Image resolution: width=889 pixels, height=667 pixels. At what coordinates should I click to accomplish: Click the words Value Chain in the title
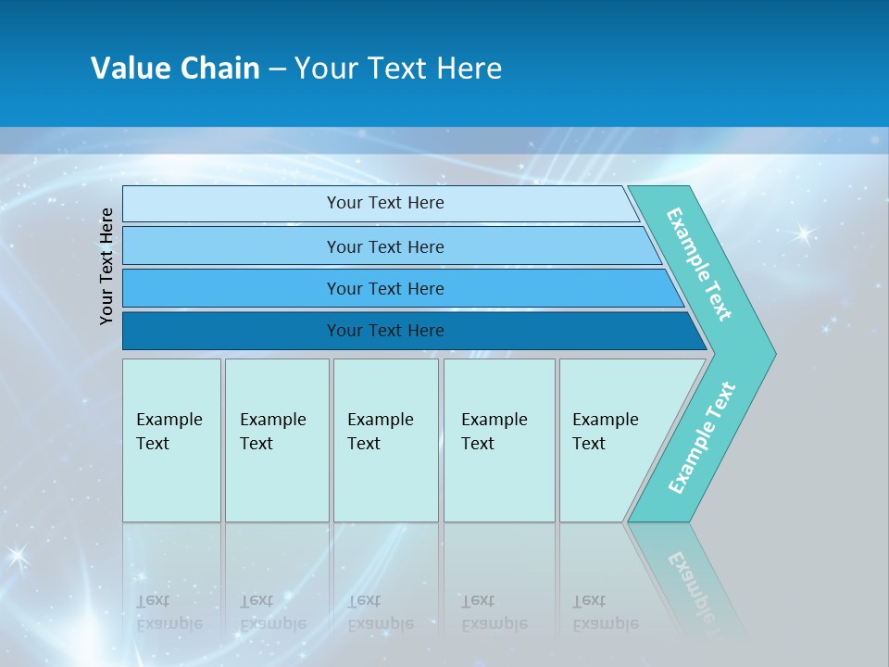pos(175,69)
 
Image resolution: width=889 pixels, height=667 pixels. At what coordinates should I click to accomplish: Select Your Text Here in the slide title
pos(398,69)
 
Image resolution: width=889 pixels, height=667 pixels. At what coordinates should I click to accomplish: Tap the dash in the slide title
pos(277,69)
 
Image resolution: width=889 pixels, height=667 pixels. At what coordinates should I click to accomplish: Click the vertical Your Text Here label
pos(106,266)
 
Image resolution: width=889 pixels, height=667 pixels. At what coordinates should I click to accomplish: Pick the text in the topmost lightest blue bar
pos(385,203)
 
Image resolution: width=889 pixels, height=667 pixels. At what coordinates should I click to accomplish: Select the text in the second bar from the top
pos(385,246)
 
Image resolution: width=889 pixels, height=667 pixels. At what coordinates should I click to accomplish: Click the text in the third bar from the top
pos(385,288)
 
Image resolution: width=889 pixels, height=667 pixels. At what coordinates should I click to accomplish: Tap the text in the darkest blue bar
pos(385,331)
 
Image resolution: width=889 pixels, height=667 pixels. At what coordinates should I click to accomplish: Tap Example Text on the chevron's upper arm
pos(699,264)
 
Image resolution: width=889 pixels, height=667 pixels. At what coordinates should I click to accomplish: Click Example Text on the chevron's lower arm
pos(701,438)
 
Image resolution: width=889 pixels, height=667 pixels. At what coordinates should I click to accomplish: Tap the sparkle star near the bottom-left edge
pos(17,556)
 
